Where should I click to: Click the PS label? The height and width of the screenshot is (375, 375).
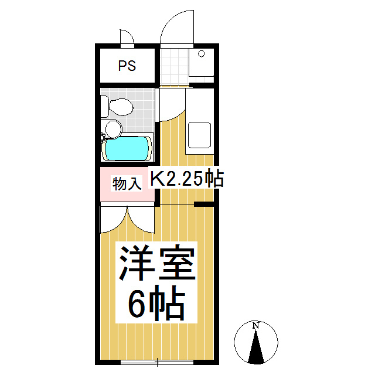point(127,66)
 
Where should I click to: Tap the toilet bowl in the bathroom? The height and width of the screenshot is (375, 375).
point(122,107)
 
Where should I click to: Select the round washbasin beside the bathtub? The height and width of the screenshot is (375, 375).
point(112,128)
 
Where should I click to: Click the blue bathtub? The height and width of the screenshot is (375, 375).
point(127,148)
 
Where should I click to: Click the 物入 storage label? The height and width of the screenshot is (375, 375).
point(127,183)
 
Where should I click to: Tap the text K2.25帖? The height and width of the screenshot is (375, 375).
point(187,179)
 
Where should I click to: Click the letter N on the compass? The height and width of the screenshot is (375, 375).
point(255,326)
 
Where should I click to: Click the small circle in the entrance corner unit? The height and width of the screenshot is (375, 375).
point(201,54)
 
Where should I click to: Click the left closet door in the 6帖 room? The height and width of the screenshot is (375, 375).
point(111,220)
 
